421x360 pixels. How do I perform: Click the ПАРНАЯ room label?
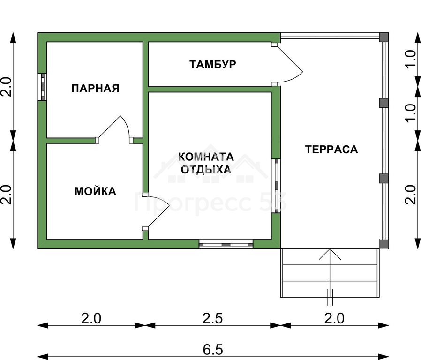point(95,88)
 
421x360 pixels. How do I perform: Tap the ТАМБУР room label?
point(213,64)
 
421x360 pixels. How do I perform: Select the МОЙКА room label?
point(95,191)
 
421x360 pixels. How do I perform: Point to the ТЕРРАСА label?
point(331,149)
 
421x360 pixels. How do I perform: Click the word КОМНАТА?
point(206,157)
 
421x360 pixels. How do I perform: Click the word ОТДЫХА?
point(206,170)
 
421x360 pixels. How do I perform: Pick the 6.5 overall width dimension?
point(213,350)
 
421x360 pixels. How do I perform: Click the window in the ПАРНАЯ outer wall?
point(42,87)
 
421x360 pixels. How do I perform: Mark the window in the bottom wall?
point(226,244)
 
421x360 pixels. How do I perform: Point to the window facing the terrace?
point(276,186)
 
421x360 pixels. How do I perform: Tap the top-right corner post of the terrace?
point(383,37)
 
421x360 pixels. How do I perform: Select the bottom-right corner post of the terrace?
point(383,244)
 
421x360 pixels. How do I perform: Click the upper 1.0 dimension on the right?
point(410,59)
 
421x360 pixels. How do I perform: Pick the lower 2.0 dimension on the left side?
point(6,195)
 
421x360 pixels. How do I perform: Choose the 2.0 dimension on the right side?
point(410,195)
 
